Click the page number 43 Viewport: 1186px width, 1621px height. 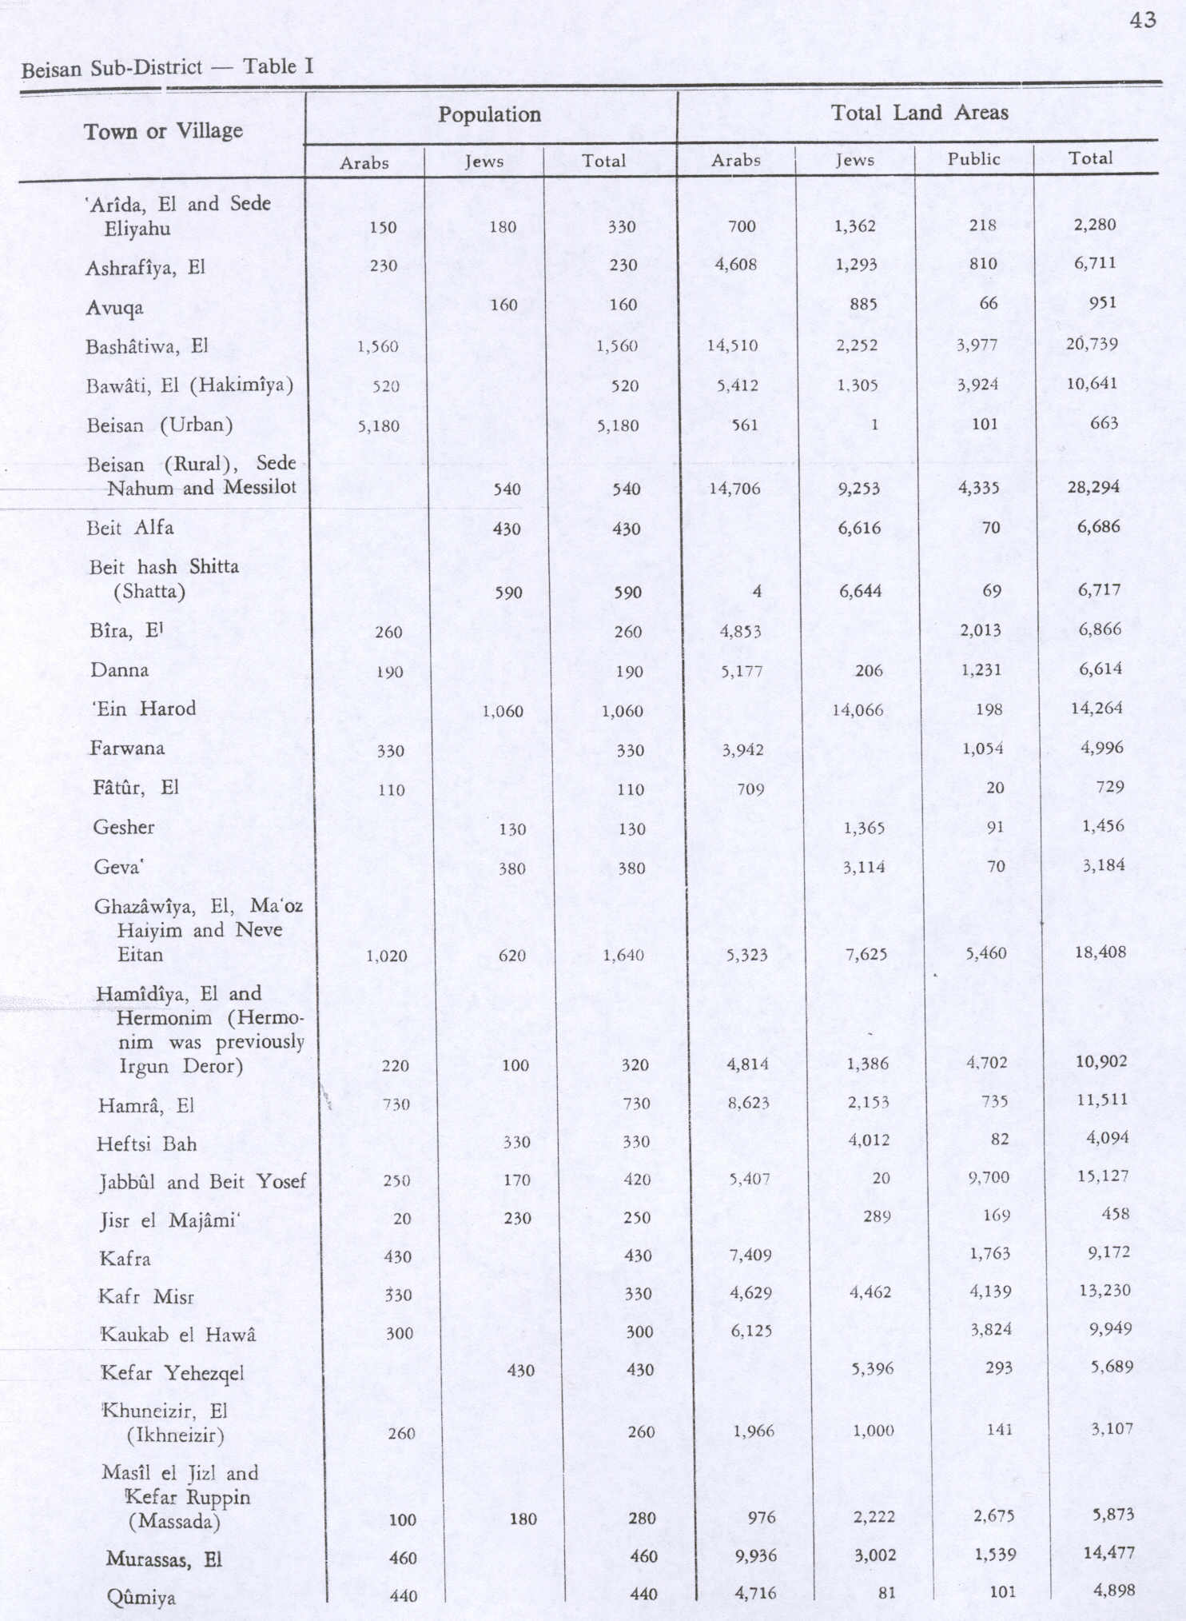pyautogui.click(x=1143, y=20)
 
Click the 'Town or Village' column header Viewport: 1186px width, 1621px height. pyautogui.click(x=163, y=131)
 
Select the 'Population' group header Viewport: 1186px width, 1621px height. pyautogui.click(x=489, y=115)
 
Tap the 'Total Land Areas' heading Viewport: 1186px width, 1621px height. pyautogui.click(x=919, y=113)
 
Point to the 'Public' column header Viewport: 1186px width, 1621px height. pyautogui.click(x=973, y=159)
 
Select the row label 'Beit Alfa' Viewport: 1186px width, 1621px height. pyautogui.click(x=131, y=528)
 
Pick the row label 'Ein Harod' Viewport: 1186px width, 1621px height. pyautogui.click(x=144, y=709)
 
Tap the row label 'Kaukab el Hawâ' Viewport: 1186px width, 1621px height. pyautogui.click(x=177, y=1335)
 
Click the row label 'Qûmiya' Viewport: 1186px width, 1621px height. pyautogui.click(x=141, y=1598)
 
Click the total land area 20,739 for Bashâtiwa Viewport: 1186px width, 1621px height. pyautogui.click(x=1092, y=345)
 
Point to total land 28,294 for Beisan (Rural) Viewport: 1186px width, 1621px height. pyautogui.click(x=1093, y=487)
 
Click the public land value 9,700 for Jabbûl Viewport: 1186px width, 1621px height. pyautogui.click(x=988, y=1177)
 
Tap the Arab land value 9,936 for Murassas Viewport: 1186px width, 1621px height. pyautogui.click(x=754, y=1555)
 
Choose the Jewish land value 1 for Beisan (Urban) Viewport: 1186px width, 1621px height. pyautogui.click(x=874, y=425)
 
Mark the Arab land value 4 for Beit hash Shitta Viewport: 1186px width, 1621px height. pyautogui.click(x=756, y=592)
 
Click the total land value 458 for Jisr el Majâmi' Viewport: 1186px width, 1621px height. pyautogui.click(x=1114, y=1215)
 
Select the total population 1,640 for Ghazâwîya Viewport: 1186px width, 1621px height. pyautogui.click(x=623, y=955)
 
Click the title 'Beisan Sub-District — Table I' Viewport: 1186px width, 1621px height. pyautogui.click(x=167, y=67)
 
